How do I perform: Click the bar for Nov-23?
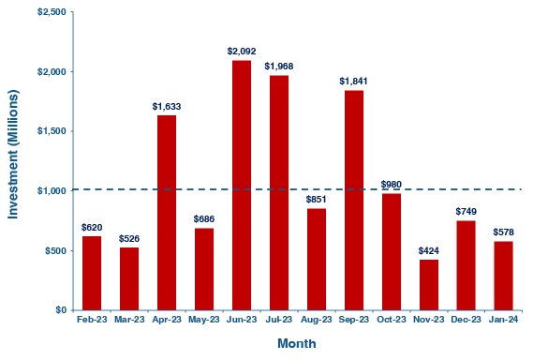coord(428,284)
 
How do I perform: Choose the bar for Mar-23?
coord(128,278)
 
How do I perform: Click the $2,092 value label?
coord(242,51)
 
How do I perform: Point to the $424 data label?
coord(428,249)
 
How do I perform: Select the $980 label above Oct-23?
coord(392,184)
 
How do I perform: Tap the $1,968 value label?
coord(279,66)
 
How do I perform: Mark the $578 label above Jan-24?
coord(504,232)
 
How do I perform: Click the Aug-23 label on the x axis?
coord(316,321)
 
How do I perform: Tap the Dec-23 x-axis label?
coord(466,321)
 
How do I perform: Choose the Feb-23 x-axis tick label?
coord(91,321)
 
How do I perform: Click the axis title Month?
coord(296,344)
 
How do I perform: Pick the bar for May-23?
coord(203,268)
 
